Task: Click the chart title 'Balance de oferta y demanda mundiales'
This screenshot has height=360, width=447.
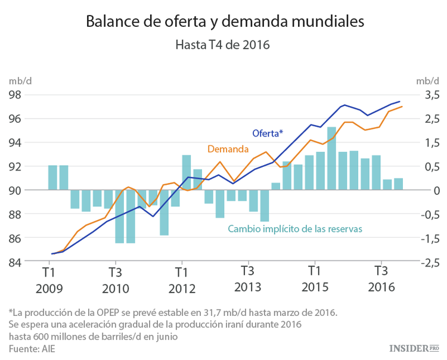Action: tap(224, 21)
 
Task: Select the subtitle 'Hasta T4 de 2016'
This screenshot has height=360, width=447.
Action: tap(223, 45)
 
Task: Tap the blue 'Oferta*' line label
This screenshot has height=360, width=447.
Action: tap(268, 132)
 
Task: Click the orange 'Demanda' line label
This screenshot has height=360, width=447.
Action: tap(228, 149)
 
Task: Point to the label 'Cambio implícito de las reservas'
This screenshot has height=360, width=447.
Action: tap(295, 229)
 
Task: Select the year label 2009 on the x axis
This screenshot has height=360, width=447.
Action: tap(49, 288)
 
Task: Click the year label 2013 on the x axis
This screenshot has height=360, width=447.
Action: tap(248, 288)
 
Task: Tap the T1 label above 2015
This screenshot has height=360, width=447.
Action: tap(314, 272)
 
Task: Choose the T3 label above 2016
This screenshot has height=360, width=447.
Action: tap(381, 272)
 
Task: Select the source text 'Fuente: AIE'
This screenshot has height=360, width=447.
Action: tap(32, 347)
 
